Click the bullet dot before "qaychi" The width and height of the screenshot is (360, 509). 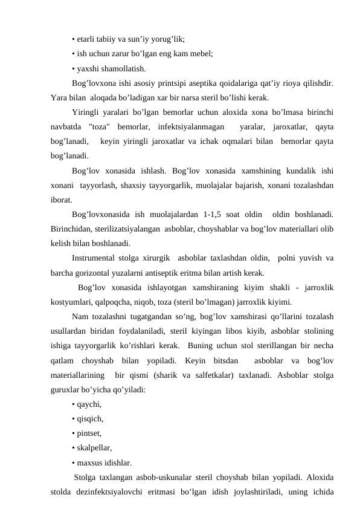click(x=73, y=406)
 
